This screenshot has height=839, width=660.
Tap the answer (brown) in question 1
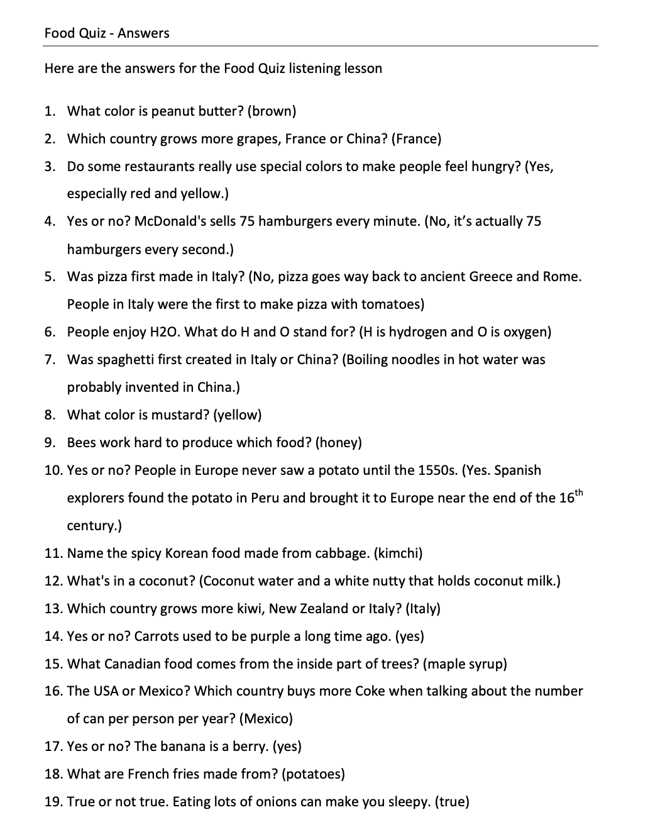point(272,111)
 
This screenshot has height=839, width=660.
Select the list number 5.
point(50,277)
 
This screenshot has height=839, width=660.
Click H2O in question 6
point(165,332)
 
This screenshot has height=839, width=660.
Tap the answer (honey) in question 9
point(339,443)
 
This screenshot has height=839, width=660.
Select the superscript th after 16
point(580,492)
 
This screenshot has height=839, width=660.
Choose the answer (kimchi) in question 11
point(398,553)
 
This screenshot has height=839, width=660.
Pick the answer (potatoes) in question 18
point(314,774)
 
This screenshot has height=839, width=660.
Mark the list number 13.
point(53,609)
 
